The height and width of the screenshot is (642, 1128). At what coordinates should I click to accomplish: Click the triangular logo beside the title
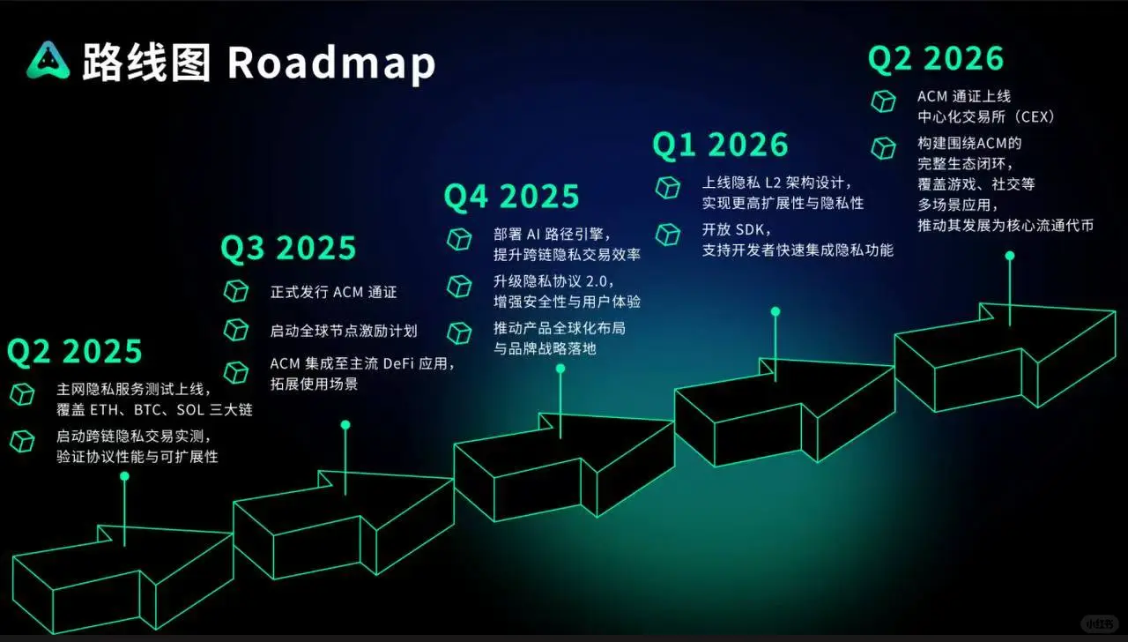(48, 60)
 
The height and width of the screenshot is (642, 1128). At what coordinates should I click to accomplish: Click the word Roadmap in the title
(331, 63)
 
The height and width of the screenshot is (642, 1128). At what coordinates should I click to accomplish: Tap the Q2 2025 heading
(75, 351)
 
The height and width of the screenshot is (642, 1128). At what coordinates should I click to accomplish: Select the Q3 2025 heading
(288, 249)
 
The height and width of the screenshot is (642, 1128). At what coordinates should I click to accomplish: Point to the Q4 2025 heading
(511, 197)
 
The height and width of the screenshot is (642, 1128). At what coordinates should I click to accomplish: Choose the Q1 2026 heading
(720, 146)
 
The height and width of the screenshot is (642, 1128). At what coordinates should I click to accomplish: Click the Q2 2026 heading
(936, 58)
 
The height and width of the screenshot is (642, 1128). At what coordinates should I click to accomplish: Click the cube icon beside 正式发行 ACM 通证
(236, 291)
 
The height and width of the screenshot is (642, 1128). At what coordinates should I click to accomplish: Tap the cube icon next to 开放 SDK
(668, 234)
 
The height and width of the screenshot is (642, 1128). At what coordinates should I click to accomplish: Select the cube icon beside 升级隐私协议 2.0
(459, 285)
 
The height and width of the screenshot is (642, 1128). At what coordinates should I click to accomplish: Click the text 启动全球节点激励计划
(344, 332)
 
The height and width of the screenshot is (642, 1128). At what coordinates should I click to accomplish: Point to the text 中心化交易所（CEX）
(986, 116)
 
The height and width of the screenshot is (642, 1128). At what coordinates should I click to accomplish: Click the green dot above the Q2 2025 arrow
(124, 476)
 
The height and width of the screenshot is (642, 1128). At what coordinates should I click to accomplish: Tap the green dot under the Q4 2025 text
(560, 369)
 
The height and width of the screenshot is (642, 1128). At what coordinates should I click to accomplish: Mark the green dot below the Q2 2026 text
(1010, 256)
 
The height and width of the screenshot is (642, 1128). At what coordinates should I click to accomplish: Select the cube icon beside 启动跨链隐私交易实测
(22, 440)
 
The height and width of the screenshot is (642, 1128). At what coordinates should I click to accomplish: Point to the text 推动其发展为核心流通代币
(1005, 226)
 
